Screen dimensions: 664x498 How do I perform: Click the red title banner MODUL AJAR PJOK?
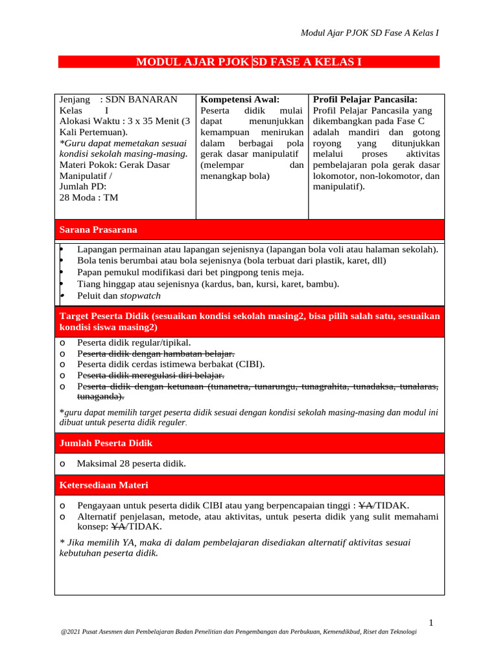pyautogui.click(x=249, y=62)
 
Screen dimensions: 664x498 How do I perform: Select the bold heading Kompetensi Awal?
pyautogui.click(x=240, y=100)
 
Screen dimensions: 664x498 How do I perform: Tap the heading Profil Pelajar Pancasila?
pyautogui.click(x=365, y=100)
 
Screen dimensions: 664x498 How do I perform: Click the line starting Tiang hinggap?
pyautogui.click(x=207, y=284)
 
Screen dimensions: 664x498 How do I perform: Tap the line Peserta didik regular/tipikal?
pyautogui.click(x=134, y=342)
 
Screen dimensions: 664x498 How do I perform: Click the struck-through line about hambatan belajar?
pyautogui.click(x=156, y=353)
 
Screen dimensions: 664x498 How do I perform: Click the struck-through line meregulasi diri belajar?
pyautogui.click(x=150, y=375)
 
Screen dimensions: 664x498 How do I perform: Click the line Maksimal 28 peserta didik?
pyautogui.click(x=131, y=464)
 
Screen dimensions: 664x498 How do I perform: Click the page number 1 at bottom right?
pyautogui.click(x=431, y=623)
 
